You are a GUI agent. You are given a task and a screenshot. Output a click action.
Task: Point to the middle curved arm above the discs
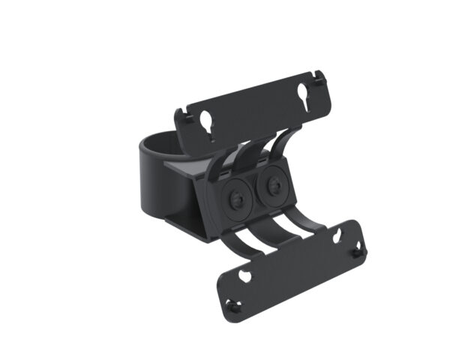tap(248, 153)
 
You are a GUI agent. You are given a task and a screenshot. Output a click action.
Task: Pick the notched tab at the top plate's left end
tap(181, 117)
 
